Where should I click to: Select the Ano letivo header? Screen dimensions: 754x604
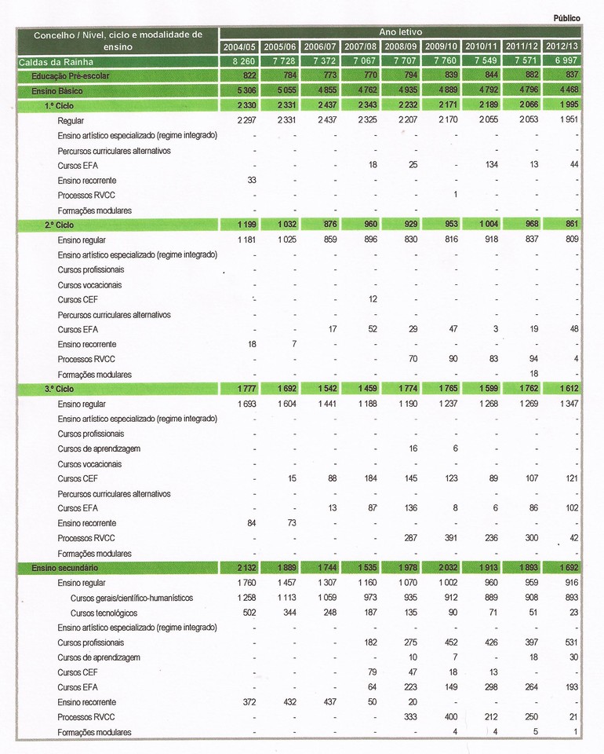(x=400, y=32)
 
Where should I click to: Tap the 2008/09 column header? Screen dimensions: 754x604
(x=400, y=46)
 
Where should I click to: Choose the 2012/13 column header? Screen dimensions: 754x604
(x=563, y=46)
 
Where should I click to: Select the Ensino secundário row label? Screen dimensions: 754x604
(x=65, y=568)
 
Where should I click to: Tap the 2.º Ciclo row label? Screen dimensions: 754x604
(x=59, y=225)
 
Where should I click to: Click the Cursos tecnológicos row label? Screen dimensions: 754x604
(x=104, y=613)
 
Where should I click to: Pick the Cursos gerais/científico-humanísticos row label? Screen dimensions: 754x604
(x=131, y=598)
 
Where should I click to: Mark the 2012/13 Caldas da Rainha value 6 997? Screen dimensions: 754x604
(x=564, y=61)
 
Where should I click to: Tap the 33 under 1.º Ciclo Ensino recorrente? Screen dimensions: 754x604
(x=251, y=181)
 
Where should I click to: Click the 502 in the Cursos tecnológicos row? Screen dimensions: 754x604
(x=249, y=613)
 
